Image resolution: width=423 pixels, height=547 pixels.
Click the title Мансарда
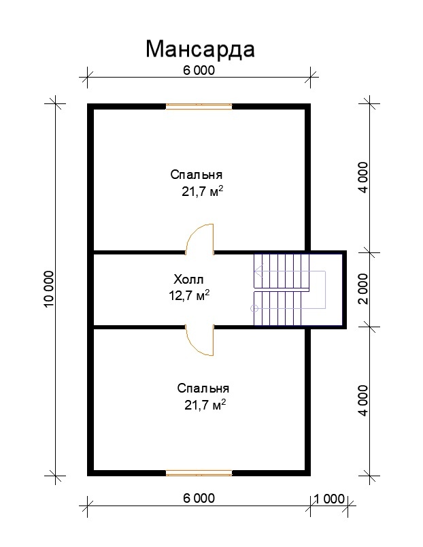point(200,50)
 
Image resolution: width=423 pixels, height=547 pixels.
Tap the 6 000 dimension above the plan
point(199,71)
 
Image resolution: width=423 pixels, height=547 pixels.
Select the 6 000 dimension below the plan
point(199,498)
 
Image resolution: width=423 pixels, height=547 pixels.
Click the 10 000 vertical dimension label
point(49,289)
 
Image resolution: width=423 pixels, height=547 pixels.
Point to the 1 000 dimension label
point(329,499)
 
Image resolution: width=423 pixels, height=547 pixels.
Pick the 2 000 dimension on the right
point(363,289)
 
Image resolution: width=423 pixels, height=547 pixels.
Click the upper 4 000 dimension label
point(363,177)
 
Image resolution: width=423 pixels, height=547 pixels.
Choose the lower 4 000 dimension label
point(363,401)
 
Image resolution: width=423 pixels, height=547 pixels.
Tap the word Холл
point(188,280)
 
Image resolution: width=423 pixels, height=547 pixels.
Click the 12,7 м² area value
point(189,295)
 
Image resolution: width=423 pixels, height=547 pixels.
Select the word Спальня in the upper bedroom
point(197,174)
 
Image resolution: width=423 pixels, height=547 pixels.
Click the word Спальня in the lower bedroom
point(203,388)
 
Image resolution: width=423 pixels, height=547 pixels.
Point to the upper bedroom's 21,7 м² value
point(202,191)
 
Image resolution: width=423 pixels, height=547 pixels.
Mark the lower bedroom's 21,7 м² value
point(205,405)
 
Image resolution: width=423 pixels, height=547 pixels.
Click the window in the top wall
point(199,107)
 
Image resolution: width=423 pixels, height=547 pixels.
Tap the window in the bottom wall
point(199,473)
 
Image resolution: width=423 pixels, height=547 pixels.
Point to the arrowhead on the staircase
point(258,271)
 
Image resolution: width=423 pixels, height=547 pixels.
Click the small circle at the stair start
point(254,308)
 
